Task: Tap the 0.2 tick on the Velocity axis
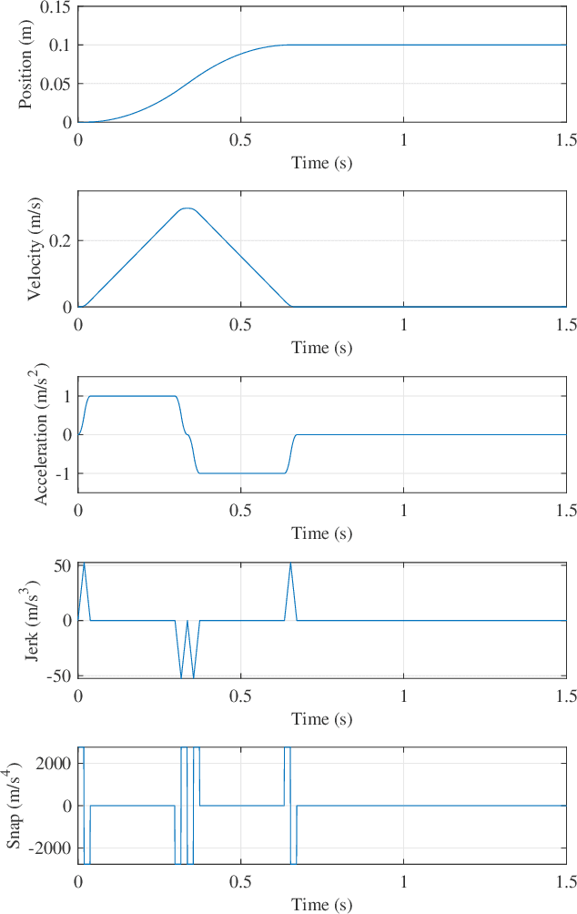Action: click(60, 241)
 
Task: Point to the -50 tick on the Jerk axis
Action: click(59, 676)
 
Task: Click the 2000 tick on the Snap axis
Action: click(54, 763)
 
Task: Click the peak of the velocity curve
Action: click(187, 208)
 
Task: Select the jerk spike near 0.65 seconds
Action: click(290, 564)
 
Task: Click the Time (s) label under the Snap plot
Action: click(321, 904)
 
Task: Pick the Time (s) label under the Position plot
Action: click(321, 162)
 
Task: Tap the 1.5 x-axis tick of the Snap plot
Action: click(565, 882)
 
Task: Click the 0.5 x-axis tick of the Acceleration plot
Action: click(240, 511)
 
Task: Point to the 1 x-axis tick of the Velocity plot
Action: click(403, 325)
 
